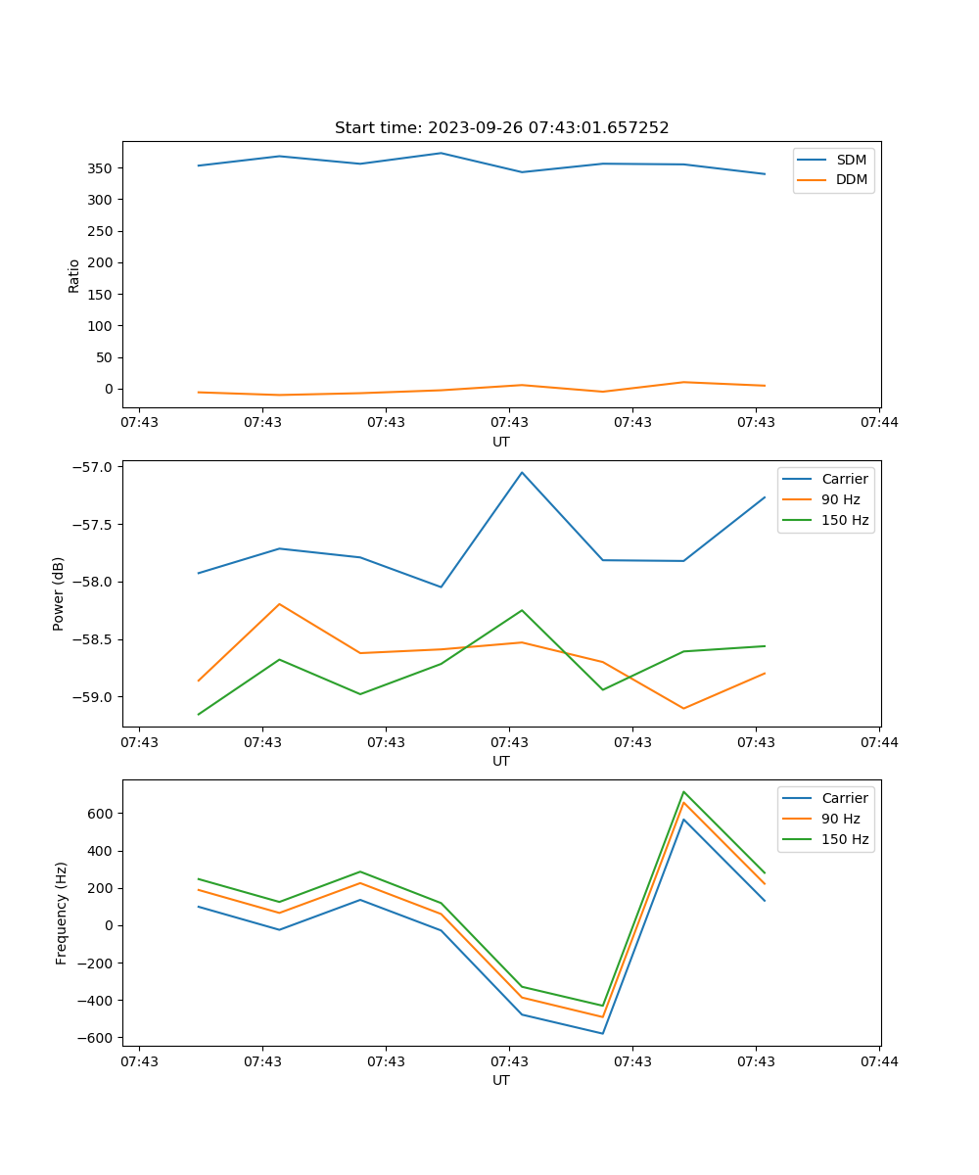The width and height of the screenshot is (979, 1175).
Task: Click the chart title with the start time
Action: pos(501,128)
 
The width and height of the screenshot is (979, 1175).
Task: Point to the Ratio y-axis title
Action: pos(74,275)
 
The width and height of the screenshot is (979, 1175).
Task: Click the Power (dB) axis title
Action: pos(59,593)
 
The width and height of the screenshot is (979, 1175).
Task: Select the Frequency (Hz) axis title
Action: pos(62,913)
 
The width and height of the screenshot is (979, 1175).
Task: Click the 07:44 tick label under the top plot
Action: pos(878,423)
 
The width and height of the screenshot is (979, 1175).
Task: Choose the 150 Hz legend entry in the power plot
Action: pos(845,520)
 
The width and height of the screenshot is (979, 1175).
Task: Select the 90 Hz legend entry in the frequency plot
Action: pos(841,819)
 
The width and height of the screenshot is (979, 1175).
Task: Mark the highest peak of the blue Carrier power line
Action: pos(522,472)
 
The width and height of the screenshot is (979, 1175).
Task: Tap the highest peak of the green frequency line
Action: pos(683,792)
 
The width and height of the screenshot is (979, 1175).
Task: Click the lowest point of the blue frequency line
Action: pos(602,1033)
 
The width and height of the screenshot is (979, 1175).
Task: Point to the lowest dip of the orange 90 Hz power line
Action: pos(683,708)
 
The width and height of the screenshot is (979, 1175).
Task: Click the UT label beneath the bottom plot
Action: pos(501,1080)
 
